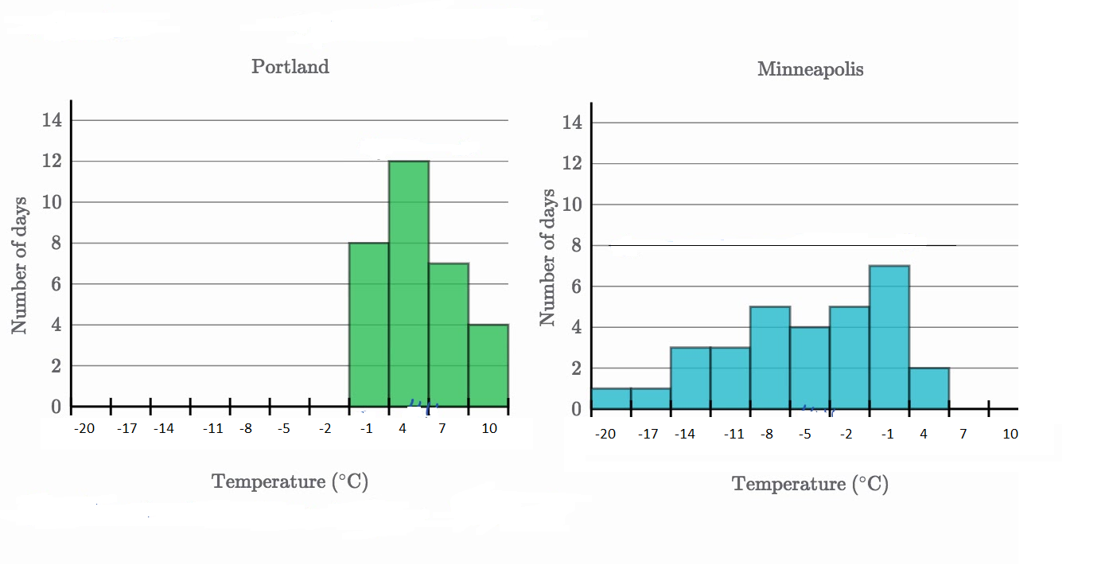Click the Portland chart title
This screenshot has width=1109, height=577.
(x=290, y=66)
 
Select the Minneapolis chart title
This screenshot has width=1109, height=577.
(x=810, y=69)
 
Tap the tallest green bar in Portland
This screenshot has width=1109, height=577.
(x=409, y=283)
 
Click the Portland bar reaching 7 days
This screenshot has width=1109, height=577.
(x=449, y=334)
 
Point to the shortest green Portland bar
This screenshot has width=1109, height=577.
(x=488, y=365)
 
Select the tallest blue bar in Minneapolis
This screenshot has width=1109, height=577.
(x=889, y=337)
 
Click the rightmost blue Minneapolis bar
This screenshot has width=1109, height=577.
(x=929, y=388)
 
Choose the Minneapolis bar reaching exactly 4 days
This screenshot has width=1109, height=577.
(x=810, y=368)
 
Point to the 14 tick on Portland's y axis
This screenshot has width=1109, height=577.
(x=51, y=120)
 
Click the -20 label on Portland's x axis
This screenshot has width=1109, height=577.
(x=84, y=428)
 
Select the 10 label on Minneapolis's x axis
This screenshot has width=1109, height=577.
(x=1010, y=434)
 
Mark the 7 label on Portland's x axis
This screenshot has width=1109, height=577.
(x=442, y=428)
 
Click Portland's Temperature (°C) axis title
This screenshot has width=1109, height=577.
(x=290, y=481)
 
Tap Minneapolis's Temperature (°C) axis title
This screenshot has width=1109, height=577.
(x=810, y=484)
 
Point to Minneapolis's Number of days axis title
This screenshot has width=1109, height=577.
(x=547, y=257)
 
